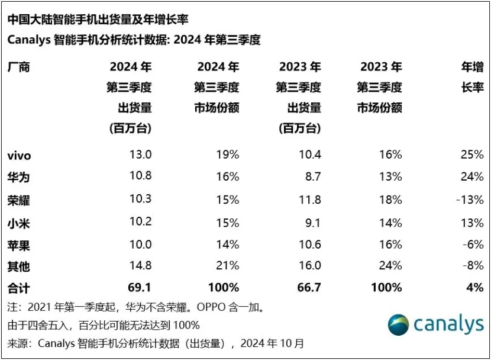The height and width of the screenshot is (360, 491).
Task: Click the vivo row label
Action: [19, 155]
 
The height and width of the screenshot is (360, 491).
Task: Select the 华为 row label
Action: [19, 177]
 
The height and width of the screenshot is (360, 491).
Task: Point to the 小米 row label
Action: [19, 223]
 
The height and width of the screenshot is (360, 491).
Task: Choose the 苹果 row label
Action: [19, 245]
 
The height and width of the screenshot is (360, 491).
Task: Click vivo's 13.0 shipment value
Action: [141, 155]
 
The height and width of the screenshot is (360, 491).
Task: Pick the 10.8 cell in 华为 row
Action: [141, 176]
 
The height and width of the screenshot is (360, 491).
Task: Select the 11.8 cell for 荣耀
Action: [310, 200]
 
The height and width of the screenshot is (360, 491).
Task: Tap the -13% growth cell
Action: [470, 200]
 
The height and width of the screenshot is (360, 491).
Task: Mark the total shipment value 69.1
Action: [140, 288]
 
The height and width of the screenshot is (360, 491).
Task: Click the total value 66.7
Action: [309, 288]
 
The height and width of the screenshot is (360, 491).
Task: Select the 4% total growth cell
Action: [476, 288]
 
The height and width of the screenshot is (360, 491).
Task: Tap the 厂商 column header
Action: [19, 67]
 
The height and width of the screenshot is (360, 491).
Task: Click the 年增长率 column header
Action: [472, 78]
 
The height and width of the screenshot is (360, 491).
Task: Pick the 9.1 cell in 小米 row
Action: [312, 222]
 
